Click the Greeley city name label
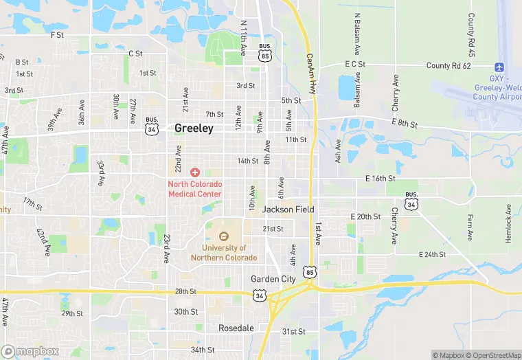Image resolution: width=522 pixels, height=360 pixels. pyautogui.click(x=194, y=128)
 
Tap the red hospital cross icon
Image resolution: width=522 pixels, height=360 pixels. pyautogui.click(x=195, y=172)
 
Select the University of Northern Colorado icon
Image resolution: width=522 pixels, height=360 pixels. pyautogui.click(x=224, y=237)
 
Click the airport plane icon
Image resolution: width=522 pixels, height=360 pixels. pyautogui.click(x=499, y=67)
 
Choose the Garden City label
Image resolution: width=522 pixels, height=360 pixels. pyautogui.click(x=273, y=279)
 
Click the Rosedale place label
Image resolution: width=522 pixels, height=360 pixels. pyautogui.click(x=236, y=328)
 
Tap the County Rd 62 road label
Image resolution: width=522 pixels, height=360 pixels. pyautogui.click(x=449, y=66)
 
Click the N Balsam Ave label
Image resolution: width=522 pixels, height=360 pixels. pyautogui.click(x=357, y=34)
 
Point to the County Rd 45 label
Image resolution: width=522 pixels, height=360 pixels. pyautogui.click(x=471, y=34)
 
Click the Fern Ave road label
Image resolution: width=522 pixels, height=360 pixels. pyautogui.click(x=470, y=227)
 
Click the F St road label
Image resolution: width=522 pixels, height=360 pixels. pyautogui.click(x=57, y=34)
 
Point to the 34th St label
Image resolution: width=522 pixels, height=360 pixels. pyautogui.click(x=203, y=350)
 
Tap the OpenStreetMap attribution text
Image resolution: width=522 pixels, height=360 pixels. pyautogui.click(x=493, y=355)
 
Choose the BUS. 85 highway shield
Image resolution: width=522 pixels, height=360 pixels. pyautogui.click(x=264, y=52)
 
